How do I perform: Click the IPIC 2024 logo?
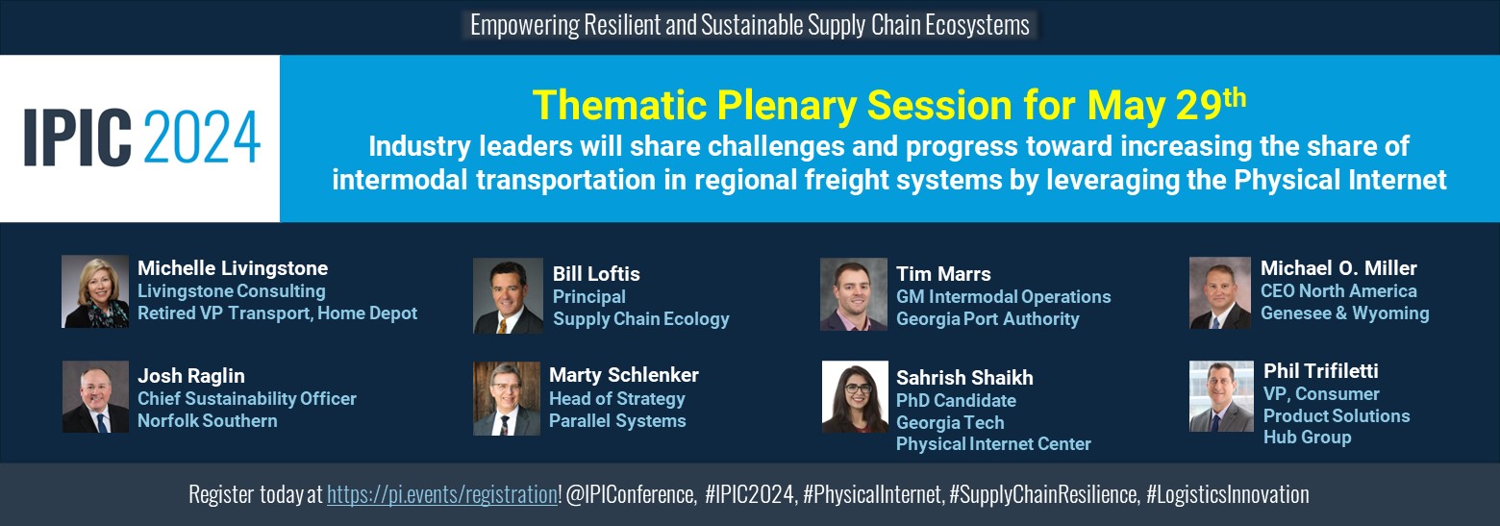pos(141,138)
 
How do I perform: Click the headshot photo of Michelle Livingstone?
pos(95,291)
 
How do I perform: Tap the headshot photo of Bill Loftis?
pos(508,296)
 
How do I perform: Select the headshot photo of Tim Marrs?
pos(854,294)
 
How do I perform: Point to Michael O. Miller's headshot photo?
pos(1220,293)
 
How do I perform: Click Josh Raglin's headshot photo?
pos(95,396)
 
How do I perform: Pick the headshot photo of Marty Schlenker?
pos(507,398)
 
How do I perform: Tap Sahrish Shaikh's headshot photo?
pos(855,396)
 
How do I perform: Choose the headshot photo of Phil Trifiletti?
pos(1221,396)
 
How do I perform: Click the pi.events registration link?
pos(442,495)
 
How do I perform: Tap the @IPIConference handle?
pos(632,495)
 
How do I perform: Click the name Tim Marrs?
pos(943,274)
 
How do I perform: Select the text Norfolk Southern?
pos(207,421)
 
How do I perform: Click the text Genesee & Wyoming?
pos(1344,313)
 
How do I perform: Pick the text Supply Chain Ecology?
pos(640,319)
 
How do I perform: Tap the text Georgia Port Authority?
pos(987,319)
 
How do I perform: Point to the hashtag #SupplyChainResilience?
pos(1044,495)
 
